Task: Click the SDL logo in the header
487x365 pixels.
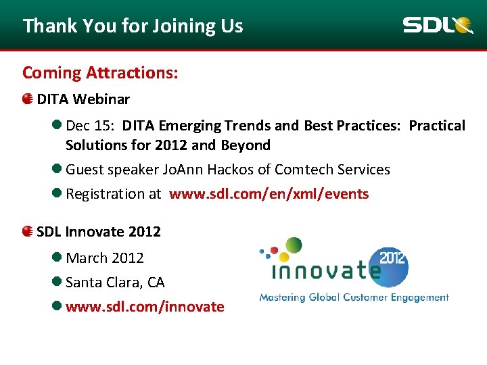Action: tap(438, 26)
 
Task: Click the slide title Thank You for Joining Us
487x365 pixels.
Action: tap(133, 26)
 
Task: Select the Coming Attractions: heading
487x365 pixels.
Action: tap(100, 72)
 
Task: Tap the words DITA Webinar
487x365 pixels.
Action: tap(83, 99)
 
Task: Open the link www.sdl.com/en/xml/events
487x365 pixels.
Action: tap(269, 194)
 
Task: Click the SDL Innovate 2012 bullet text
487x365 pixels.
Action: tap(99, 232)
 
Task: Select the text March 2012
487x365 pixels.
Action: tap(105, 258)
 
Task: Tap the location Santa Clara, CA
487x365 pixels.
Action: tap(115, 282)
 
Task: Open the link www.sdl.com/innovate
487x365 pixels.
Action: tap(145, 306)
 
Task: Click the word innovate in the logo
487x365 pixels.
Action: tap(325, 272)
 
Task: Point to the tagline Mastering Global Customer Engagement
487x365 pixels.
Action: tap(354, 297)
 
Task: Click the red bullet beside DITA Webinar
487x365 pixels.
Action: tap(27, 99)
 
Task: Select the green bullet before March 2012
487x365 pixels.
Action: tap(57, 258)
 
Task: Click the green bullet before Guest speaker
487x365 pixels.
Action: tap(57, 170)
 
